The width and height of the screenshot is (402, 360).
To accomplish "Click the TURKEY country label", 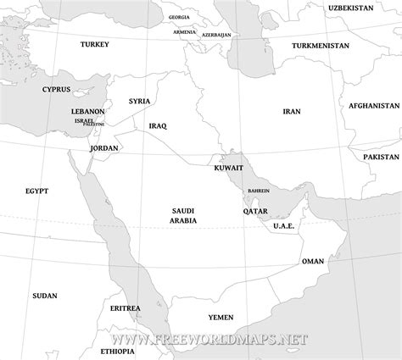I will [x=94, y=43].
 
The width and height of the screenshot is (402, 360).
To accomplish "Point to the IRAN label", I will [x=292, y=111].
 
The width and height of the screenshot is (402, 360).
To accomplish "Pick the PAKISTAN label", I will [x=381, y=158].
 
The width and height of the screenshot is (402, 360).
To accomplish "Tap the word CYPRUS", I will [x=55, y=89].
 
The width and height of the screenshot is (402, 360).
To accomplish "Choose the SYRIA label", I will [x=139, y=101].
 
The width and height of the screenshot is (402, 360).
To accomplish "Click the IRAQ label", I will [x=158, y=125].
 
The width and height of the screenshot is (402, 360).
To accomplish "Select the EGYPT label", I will [x=36, y=192].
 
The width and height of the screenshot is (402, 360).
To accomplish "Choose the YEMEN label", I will [x=221, y=317].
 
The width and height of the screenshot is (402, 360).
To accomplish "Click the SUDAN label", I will [x=44, y=296].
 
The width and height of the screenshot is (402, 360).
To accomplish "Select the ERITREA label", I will [x=126, y=309].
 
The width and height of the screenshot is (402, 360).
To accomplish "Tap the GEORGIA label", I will [x=179, y=17].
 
